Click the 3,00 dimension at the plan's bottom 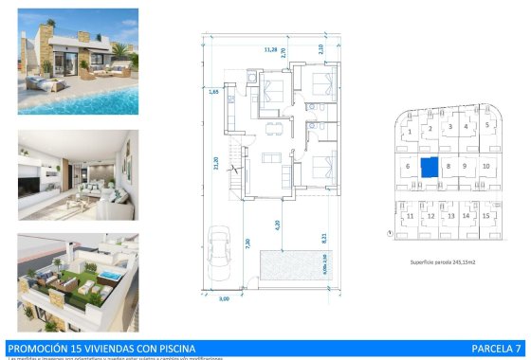point(224,298)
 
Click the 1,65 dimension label point(214,91)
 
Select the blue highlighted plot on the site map point(430,167)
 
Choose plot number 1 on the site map point(410,129)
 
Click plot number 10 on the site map point(485,166)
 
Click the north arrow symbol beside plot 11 point(389,232)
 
